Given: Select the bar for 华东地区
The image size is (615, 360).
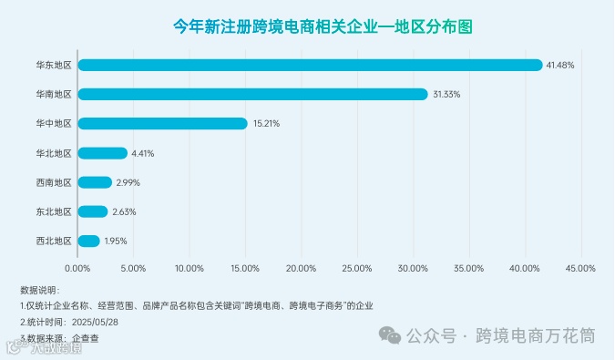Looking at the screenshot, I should pos(310,65).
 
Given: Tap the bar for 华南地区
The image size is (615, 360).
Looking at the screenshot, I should pos(252,94).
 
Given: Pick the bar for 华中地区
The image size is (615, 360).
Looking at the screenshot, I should pos(162,123).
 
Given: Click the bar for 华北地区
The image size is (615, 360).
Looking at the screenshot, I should pos(102,153).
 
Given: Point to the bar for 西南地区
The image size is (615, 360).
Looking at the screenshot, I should pos(95,182).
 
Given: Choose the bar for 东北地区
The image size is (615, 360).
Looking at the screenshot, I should pos(93,211).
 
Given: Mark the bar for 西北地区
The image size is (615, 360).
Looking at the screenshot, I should pos(89,241).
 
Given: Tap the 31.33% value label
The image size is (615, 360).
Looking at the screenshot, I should pos(446,94).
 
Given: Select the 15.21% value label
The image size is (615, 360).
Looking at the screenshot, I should pos(265,123).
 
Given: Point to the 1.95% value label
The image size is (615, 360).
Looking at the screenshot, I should pos(116,241).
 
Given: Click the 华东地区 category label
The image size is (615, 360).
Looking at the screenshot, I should pos(54,65).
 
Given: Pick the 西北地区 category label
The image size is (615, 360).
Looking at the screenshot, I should pos(54,241).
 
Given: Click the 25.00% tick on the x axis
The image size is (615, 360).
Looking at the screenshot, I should pos(356,268).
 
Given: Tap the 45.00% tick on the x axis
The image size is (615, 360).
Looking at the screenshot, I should pos(579,268).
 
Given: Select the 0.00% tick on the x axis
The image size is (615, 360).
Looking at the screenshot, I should pos(77,268).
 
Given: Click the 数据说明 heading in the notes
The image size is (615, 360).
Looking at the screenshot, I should pos(38,289).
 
